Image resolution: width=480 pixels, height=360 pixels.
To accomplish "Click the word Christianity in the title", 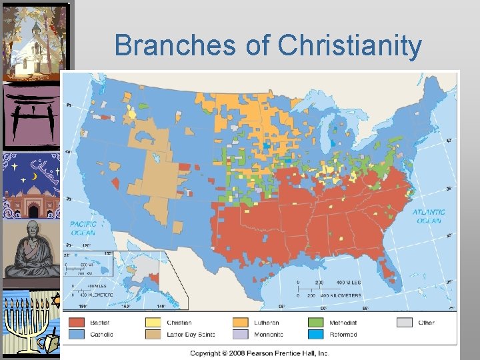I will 349,46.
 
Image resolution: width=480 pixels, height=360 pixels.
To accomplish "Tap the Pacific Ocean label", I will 83,228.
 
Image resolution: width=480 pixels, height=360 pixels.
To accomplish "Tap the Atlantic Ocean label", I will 429,216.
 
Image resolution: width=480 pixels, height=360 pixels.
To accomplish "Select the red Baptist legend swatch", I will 77,323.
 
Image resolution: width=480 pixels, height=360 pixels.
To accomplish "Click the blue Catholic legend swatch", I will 77,334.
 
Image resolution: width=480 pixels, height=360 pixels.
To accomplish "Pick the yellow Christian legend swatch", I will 154,323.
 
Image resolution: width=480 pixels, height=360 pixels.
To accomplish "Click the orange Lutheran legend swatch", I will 240,323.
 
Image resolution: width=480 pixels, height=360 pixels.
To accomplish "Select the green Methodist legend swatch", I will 317,323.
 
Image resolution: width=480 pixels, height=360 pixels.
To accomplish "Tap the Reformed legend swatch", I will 317,334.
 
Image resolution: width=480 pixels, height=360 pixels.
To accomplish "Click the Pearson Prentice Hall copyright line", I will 259,353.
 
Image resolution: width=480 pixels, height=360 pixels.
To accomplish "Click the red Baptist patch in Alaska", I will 155,277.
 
